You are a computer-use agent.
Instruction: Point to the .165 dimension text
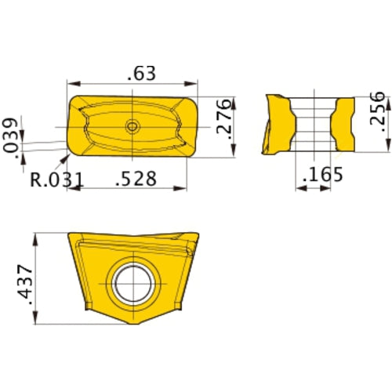(321, 173)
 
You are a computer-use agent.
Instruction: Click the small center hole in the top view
(132, 125)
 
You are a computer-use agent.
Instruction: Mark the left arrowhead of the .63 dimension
(71, 83)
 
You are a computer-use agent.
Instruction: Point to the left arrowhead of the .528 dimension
(82, 188)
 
